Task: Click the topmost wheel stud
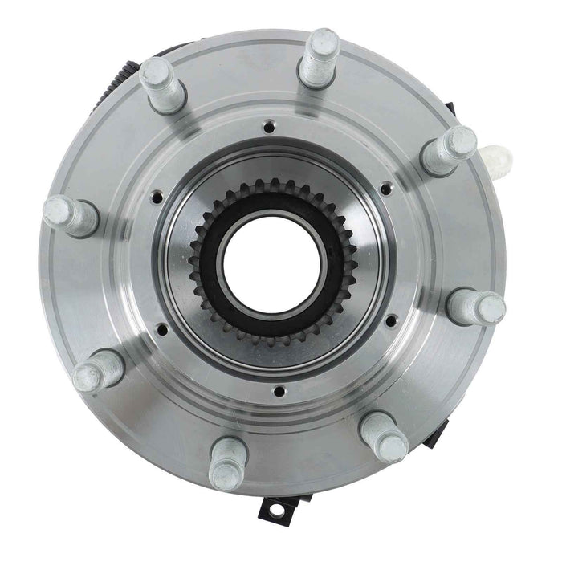pos(320,58)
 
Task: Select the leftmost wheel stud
pos(69,215)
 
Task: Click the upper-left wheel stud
pos(161,84)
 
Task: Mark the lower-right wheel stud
pos(385,437)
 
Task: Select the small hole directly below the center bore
pos(278,392)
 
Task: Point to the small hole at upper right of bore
pos(386,189)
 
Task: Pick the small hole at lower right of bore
pos(390,321)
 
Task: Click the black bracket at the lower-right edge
pos(434,433)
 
